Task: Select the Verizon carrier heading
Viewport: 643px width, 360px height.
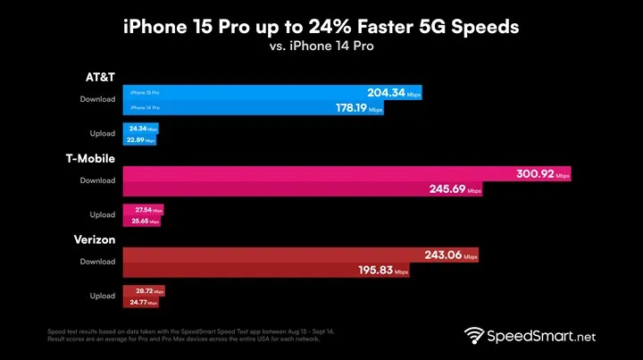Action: (92, 239)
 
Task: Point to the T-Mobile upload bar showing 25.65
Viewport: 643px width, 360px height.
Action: (142, 220)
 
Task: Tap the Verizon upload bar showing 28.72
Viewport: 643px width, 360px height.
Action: (145, 291)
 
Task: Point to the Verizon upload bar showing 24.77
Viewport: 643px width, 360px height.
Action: (143, 303)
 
